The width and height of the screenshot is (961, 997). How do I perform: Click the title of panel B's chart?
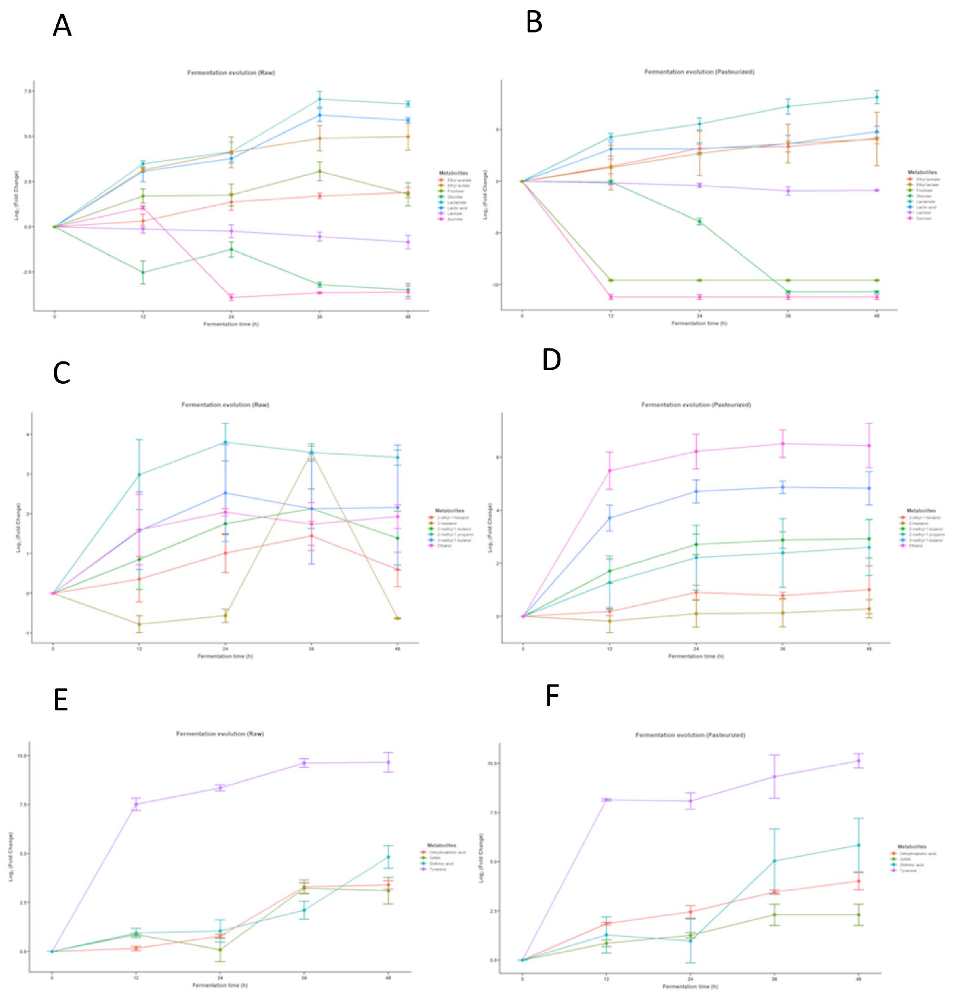coord(699,72)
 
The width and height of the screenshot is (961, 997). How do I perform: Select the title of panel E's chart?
coord(220,734)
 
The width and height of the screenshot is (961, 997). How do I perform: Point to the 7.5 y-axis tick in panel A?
coord(25,91)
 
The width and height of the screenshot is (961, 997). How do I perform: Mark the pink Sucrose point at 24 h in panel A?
coord(231,297)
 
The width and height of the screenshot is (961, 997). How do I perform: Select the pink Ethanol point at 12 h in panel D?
coord(610,470)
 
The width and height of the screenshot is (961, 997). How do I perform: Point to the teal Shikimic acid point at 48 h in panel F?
coord(859,845)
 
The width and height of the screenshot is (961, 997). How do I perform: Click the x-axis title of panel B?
coord(699,323)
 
